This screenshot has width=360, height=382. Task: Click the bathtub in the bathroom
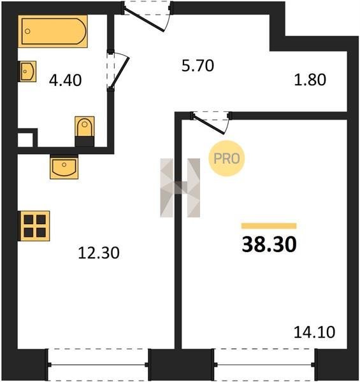pyautogui.click(x=53, y=31)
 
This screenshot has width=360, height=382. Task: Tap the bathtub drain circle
pyautogui.click(x=27, y=31)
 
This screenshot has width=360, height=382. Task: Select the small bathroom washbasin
pyautogui.click(x=27, y=71)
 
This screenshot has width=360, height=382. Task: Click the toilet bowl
pyautogui.click(x=84, y=127)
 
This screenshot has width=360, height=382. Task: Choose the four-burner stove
pyautogui.click(x=34, y=226)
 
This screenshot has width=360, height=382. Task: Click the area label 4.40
pyautogui.click(x=66, y=80)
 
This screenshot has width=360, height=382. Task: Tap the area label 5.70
pyautogui.click(x=198, y=66)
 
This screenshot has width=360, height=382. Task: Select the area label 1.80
pyautogui.click(x=310, y=80)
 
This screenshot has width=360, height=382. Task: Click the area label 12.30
pyautogui.click(x=99, y=253)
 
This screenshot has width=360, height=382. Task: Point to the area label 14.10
pyautogui.click(x=314, y=332)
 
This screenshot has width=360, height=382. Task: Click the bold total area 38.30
pyautogui.click(x=269, y=244)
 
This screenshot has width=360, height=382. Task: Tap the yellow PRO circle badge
pyautogui.click(x=227, y=159)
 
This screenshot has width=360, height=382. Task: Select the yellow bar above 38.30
pyautogui.click(x=269, y=226)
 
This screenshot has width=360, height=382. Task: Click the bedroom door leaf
pyautogui.click(x=208, y=124)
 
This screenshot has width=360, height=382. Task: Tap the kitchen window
pyautogui.click(x=98, y=365)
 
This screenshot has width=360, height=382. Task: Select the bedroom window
pyautogui.click(x=264, y=365)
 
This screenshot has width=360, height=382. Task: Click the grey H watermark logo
pyautogui.click(x=180, y=188)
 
